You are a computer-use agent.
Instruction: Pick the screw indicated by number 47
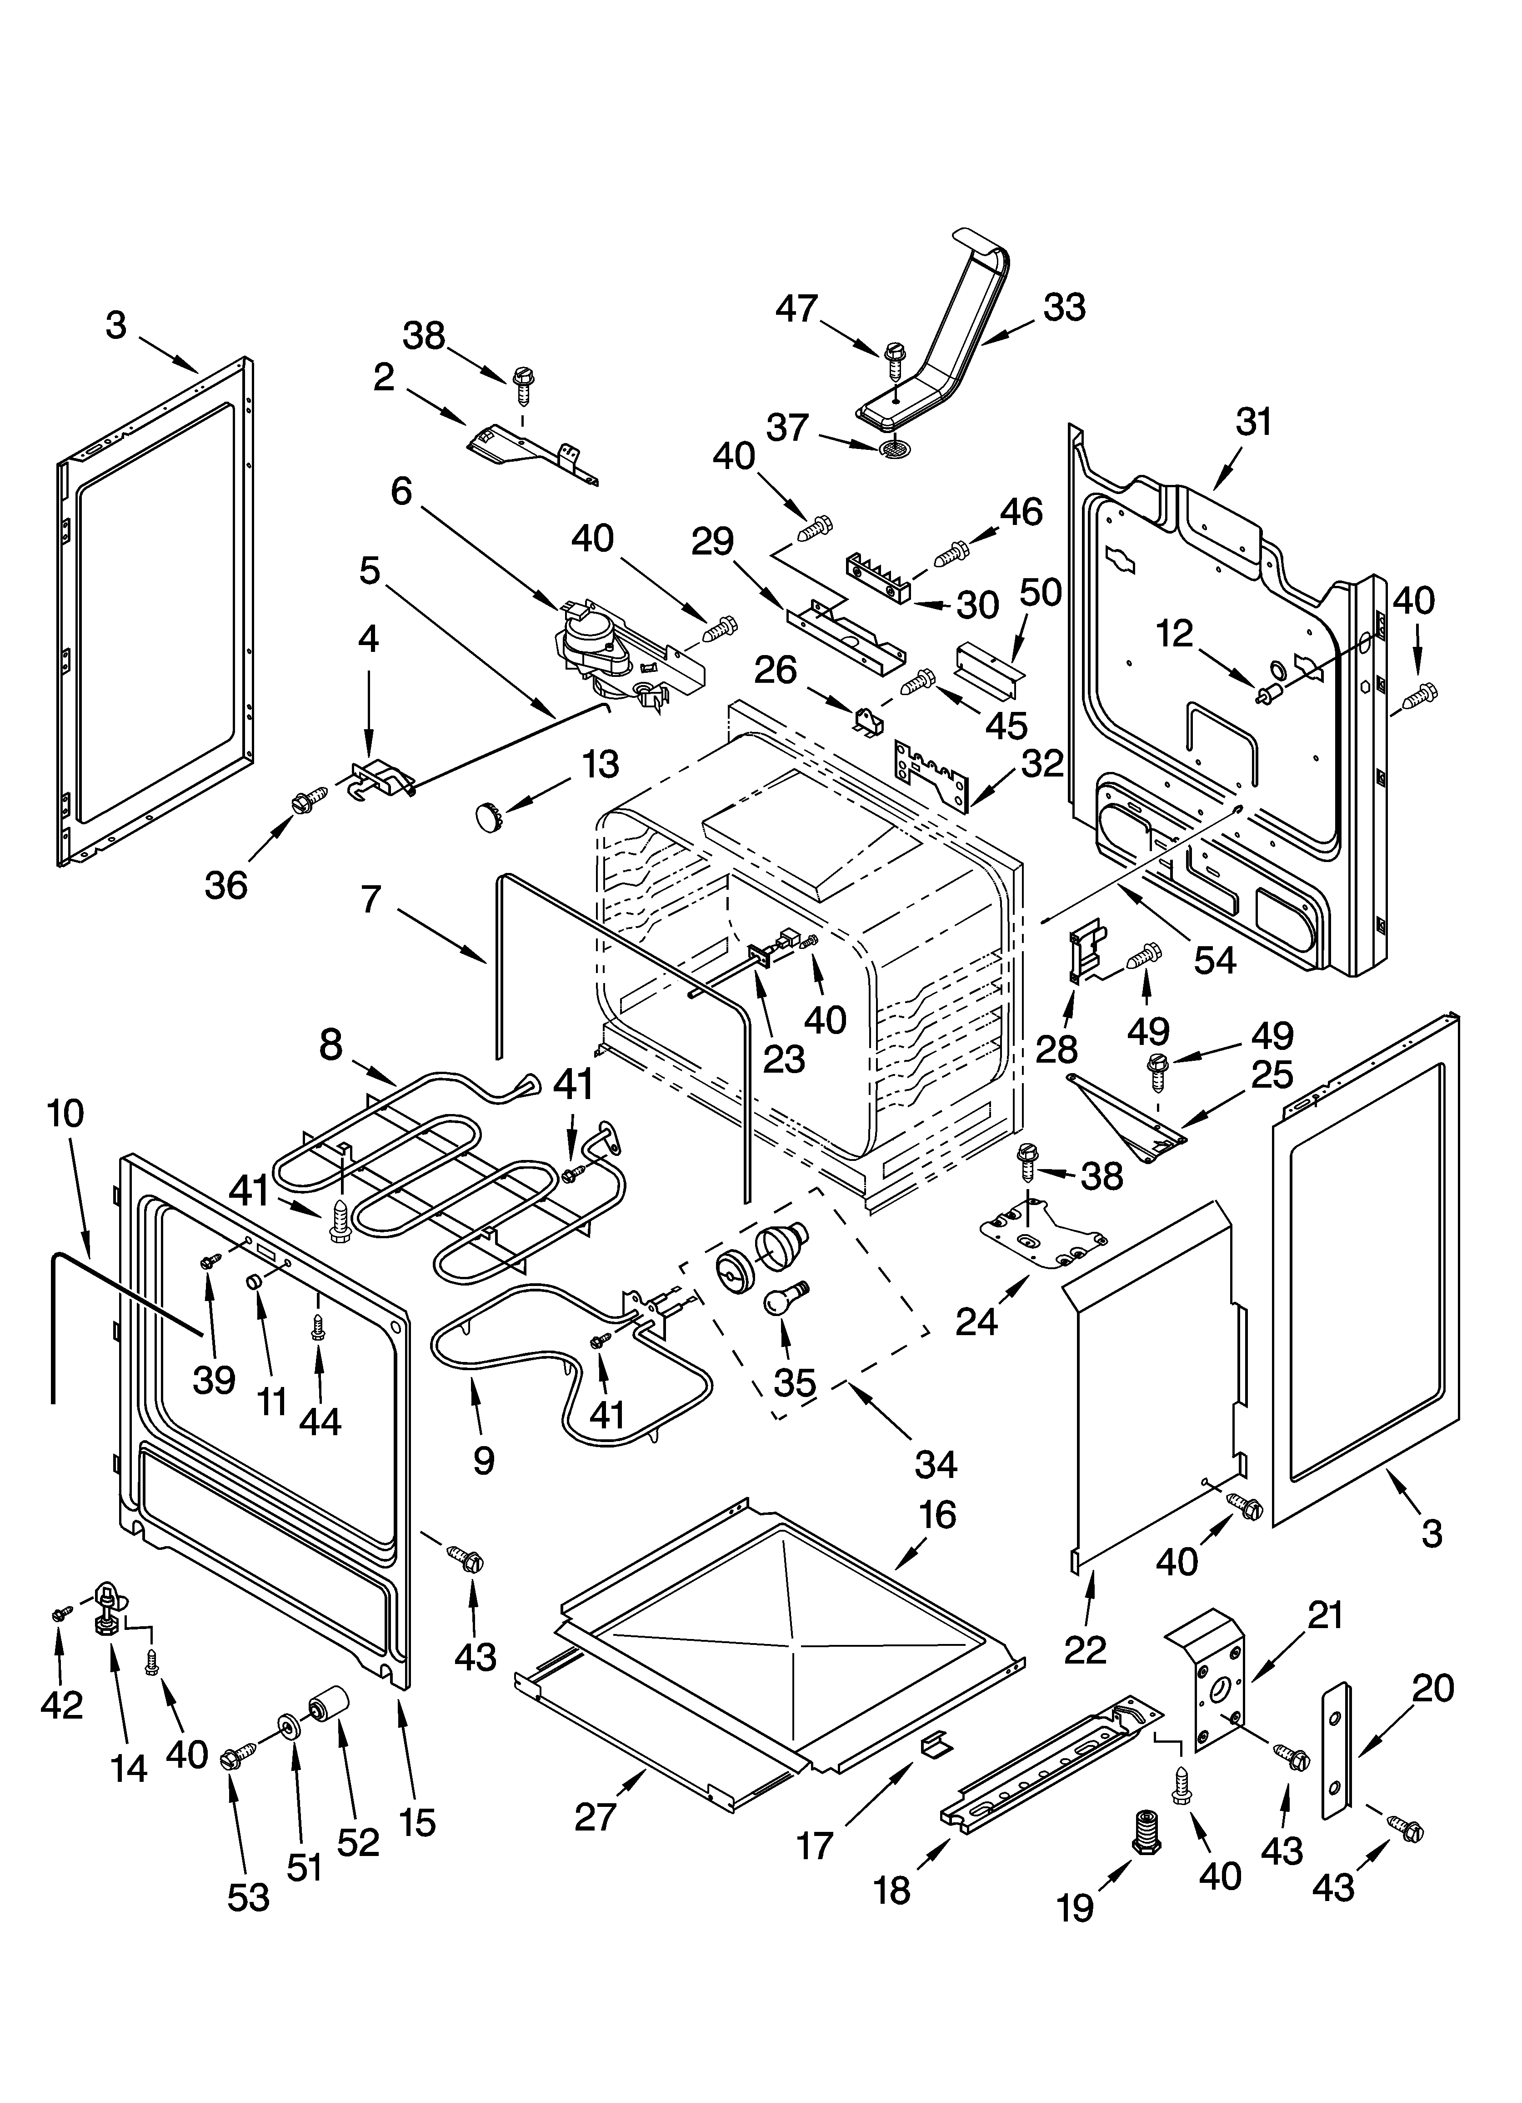point(895,358)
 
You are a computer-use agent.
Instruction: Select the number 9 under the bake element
point(483,1460)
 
